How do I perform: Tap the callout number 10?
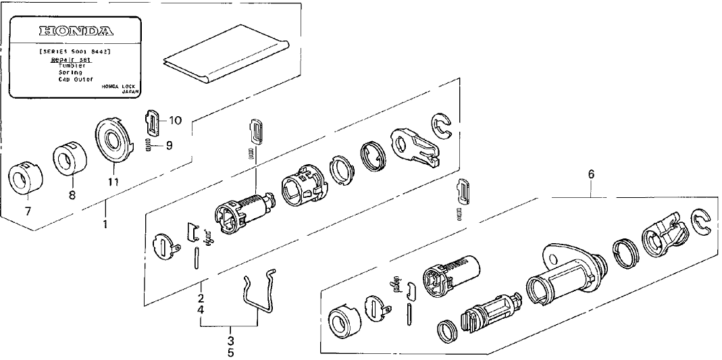pyautogui.click(x=175, y=121)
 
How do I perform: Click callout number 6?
pyautogui.click(x=591, y=174)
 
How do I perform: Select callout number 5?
pyautogui.click(x=230, y=352)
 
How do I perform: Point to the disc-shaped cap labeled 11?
pyautogui.click(x=111, y=138)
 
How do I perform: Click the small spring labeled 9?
pyautogui.click(x=149, y=145)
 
